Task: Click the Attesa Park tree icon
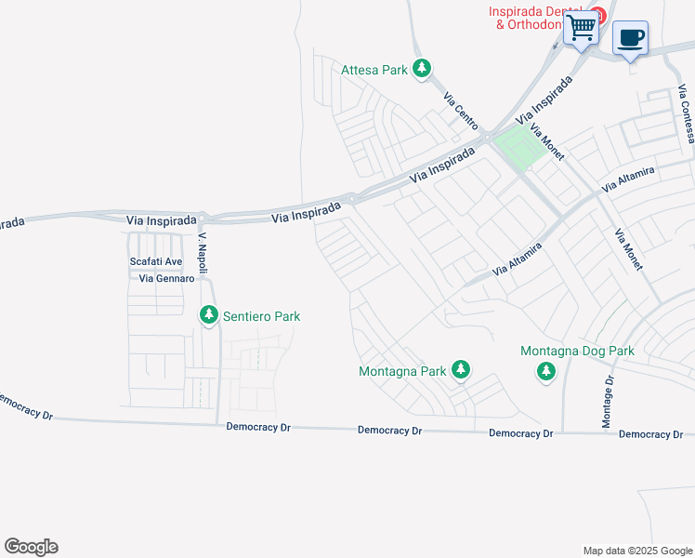pyautogui.click(x=423, y=69)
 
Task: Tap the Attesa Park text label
pyautogui.click(x=375, y=70)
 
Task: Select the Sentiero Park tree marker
pyautogui.click(x=209, y=316)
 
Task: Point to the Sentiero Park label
pyautogui.click(x=260, y=316)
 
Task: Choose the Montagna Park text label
pyautogui.click(x=402, y=371)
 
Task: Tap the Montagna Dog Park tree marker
pyautogui.click(x=545, y=372)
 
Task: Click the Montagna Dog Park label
pyautogui.click(x=577, y=352)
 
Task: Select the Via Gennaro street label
pyautogui.click(x=166, y=278)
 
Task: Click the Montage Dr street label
pyautogui.click(x=609, y=402)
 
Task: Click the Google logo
pyautogui.click(x=31, y=547)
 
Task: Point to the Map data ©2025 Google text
pyautogui.click(x=636, y=551)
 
